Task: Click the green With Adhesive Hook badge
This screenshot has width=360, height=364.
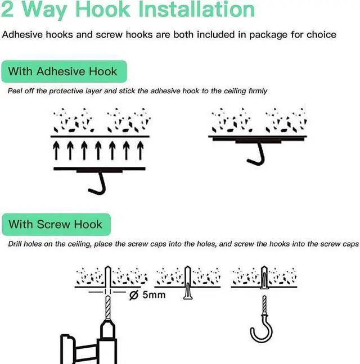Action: [x=63, y=71]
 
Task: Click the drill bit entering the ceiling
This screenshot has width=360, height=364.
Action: [x=107, y=303]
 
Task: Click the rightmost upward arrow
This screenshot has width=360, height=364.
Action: [x=141, y=150]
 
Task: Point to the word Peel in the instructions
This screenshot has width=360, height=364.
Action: [x=16, y=90]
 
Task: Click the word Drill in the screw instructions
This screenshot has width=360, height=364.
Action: [x=17, y=244]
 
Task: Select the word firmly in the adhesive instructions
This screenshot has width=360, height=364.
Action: [x=256, y=90]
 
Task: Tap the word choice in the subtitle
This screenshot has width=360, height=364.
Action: [x=321, y=35]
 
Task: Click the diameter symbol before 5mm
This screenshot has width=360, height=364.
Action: [x=133, y=294]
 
